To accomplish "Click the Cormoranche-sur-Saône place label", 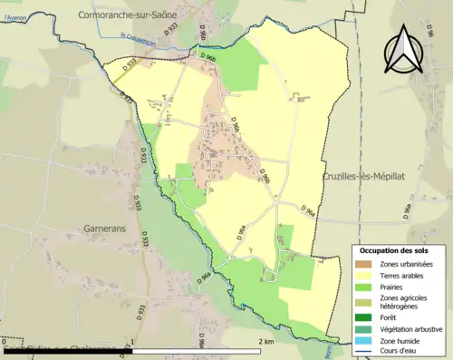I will coord(129,15).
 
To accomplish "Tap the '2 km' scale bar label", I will coord(265,341).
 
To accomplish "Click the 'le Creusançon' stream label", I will coord(139,36).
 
